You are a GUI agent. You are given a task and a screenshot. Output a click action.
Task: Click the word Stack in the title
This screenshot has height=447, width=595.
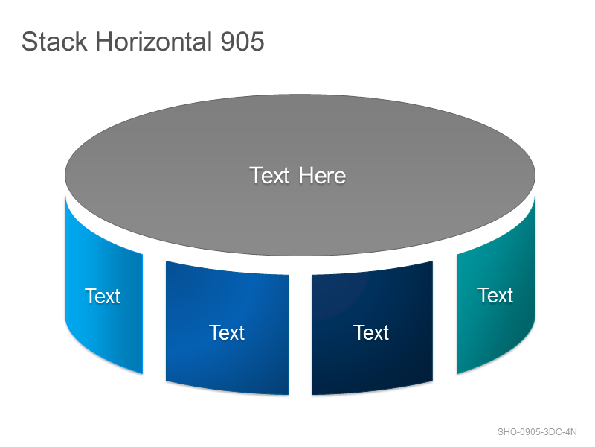pos(54,42)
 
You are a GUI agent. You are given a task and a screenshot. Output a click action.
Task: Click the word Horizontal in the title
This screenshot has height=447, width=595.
pos(154,42)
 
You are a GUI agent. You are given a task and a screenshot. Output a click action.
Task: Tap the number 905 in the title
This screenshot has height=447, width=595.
pos(242,42)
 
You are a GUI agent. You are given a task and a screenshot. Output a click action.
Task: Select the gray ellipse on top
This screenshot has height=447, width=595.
pos(300,175)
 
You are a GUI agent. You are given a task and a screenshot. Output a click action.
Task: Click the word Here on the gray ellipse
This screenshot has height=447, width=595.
pos(322,176)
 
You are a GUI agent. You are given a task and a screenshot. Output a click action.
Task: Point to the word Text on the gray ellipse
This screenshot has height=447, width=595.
pos(269,176)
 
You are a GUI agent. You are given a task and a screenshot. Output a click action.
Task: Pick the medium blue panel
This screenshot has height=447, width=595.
pos(227,328)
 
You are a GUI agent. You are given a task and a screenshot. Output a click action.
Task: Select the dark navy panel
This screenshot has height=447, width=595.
pos(373,328)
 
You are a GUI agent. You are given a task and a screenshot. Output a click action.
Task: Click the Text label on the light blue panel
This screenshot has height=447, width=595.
pos(103,296)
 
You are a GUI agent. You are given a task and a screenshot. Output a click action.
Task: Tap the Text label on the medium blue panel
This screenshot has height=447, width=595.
pos(227,332)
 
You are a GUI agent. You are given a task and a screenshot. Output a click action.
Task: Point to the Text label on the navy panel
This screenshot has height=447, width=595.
pos(371,332)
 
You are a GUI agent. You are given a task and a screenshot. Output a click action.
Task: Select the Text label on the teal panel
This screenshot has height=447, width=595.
pos(495,295)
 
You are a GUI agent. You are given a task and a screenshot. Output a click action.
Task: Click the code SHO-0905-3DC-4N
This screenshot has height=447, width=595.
pos(537,432)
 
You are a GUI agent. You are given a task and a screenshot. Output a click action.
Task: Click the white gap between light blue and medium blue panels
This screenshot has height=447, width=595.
pos(154,315)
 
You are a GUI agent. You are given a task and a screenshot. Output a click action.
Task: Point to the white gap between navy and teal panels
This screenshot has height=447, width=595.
pos(445,315)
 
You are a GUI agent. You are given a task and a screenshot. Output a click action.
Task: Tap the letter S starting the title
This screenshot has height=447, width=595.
pos(29,42)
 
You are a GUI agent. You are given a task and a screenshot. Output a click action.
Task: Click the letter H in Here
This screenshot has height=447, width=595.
pos(305,176)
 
